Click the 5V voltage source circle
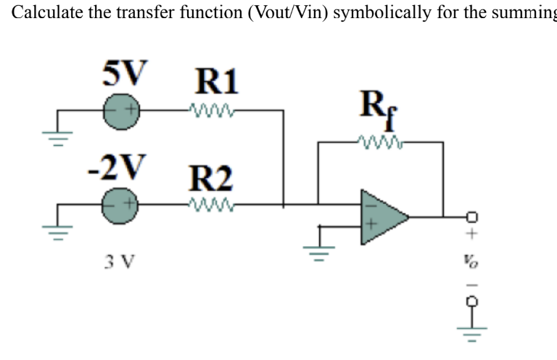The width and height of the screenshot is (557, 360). tap(120, 112)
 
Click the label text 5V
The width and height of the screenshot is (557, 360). tap(123, 73)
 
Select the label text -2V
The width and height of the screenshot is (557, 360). tap(115, 166)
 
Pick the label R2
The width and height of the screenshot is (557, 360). tap(211, 176)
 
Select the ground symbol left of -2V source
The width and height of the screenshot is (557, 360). tap(60, 229)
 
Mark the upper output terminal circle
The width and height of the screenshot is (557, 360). tap(472, 216)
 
